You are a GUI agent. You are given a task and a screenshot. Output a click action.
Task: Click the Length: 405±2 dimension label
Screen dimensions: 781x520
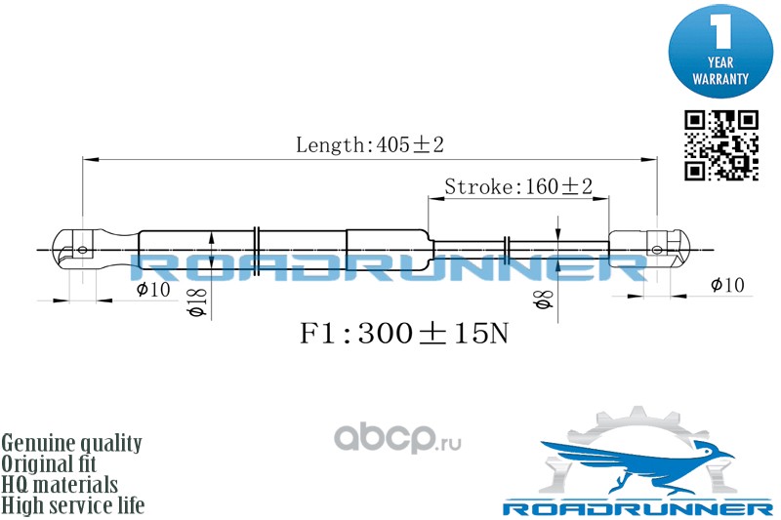370,144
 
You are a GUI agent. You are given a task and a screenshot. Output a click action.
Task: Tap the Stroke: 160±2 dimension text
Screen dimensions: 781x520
518,186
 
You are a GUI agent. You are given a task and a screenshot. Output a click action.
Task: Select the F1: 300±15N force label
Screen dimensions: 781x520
404,333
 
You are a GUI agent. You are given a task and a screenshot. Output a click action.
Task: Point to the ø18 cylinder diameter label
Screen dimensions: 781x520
197,302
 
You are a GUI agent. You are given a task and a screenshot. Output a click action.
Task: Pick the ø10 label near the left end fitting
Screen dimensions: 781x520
153,289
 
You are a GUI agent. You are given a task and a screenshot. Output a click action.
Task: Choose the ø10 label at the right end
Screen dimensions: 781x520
727,285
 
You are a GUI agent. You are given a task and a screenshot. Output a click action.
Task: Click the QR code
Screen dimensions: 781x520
720,145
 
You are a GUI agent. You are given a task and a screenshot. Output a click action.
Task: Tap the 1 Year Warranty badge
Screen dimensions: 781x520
720,50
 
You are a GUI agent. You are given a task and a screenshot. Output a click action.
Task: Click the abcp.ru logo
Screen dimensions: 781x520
397,438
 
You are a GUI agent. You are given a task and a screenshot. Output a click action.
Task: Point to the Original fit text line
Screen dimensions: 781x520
48,463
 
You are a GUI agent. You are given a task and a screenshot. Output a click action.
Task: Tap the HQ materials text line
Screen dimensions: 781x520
60,485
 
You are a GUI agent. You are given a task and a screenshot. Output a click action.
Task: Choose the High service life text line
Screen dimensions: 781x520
72,505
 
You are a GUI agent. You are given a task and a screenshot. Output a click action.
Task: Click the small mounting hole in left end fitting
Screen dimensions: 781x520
83,250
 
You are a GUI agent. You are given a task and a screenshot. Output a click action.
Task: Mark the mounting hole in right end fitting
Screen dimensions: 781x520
657,250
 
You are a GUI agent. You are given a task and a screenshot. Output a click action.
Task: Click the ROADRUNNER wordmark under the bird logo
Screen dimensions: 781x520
638,508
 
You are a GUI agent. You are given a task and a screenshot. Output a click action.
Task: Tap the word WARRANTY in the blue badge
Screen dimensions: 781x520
720,79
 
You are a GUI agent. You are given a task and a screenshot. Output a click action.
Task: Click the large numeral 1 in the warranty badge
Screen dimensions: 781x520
720,31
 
